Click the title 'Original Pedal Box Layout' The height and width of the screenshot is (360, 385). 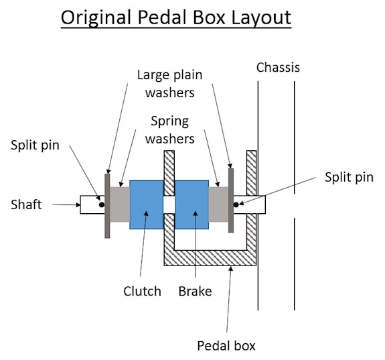(176, 18)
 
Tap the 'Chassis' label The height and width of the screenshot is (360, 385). (278, 67)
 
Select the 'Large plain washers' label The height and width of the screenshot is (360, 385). (169, 84)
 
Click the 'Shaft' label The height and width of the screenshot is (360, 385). (27, 204)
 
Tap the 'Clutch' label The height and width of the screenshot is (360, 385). (142, 291)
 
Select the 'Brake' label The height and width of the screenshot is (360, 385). (195, 291)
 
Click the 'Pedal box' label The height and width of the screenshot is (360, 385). (226, 346)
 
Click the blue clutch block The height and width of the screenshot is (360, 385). (147, 204)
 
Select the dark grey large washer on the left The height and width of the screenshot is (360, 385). (107, 204)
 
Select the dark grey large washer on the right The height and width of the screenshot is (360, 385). (230, 200)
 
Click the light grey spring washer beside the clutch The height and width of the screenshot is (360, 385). (120, 204)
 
